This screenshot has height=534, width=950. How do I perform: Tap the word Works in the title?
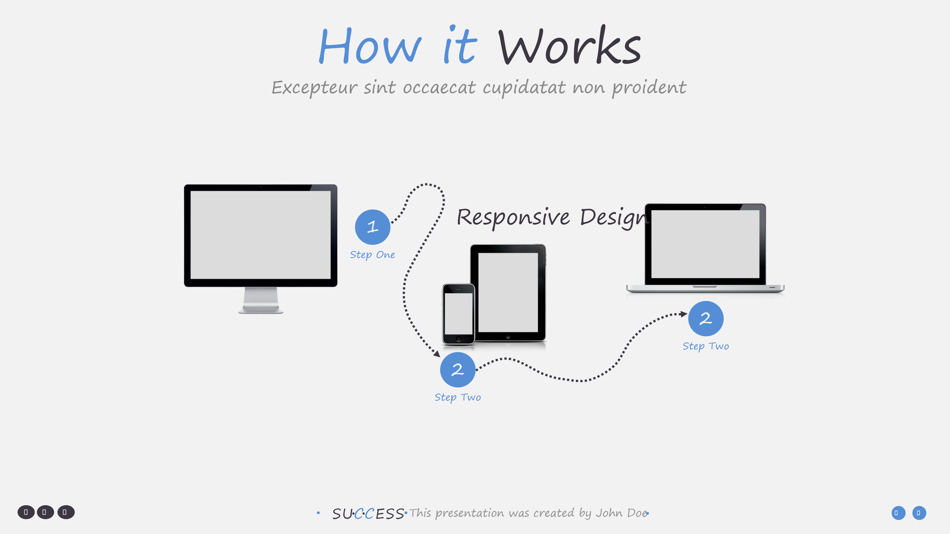click(570, 45)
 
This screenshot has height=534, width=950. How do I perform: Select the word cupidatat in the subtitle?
click(524, 88)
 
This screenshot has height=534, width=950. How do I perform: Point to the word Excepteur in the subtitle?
click(315, 88)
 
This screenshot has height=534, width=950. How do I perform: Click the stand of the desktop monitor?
click(261, 300)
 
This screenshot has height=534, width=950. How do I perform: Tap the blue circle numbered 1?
click(373, 227)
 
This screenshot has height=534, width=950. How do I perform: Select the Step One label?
click(373, 255)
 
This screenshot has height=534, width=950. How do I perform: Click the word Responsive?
click(513, 218)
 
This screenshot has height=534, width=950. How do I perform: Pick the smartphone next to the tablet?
click(458, 314)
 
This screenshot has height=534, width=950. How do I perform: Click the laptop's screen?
click(705, 244)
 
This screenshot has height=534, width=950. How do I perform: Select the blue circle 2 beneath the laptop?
click(706, 318)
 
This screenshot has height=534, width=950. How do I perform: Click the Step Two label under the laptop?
click(706, 346)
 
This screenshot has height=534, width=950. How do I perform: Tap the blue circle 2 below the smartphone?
click(458, 370)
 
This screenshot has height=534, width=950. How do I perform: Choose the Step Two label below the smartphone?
click(458, 398)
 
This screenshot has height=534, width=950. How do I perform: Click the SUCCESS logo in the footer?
click(368, 514)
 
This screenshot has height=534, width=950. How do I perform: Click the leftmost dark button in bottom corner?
click(26, 512)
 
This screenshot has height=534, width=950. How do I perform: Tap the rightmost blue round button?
click(919, 513)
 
